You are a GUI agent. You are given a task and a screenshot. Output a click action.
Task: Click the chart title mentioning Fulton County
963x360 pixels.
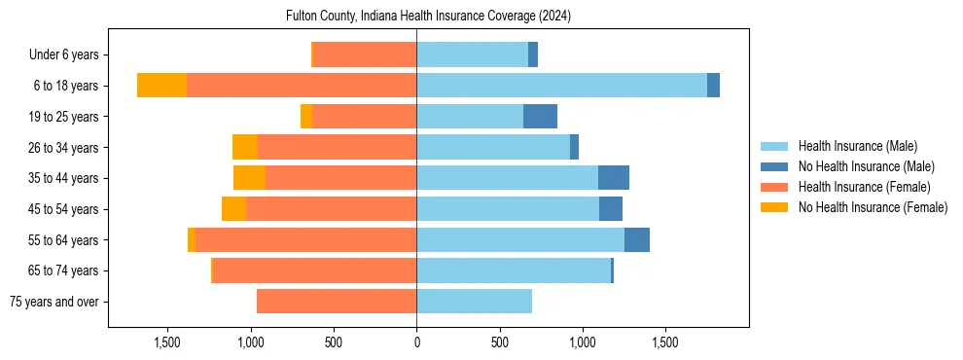pos(428,17)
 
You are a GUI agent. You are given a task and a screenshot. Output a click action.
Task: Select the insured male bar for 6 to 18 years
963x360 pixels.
pos(561,86)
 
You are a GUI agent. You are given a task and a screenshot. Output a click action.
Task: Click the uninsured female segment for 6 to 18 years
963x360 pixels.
pos(161,86)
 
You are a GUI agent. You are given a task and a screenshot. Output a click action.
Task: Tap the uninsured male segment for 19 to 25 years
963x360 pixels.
pos(540,117)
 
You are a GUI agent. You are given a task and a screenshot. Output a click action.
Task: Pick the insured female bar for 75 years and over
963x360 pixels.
pos(337,302)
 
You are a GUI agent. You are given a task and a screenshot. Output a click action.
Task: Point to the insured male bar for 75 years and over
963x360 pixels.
pos(474,302)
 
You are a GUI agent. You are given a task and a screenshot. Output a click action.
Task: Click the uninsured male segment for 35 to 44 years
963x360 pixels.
pos(613,178)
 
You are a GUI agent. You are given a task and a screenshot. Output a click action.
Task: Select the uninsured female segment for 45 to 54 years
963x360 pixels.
pos(233,209)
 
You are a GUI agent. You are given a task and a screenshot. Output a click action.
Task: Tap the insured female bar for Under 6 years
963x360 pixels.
pos(365,54)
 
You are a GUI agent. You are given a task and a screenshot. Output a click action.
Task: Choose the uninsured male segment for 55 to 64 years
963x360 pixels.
pos(636,240)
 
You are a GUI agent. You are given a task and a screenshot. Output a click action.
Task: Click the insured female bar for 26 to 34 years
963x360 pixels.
pos(337,147)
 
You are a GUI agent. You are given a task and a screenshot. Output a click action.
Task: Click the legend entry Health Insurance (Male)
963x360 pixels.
pos(857,146)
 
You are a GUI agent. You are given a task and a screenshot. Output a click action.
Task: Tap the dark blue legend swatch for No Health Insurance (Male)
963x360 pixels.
pos(774,166)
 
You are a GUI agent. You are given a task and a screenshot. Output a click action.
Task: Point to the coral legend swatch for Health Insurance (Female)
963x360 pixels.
pos(774,187)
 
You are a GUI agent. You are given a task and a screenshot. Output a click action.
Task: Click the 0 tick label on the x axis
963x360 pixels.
pos(416,343)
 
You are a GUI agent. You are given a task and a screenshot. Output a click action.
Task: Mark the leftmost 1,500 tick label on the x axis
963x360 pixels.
pos(167,343)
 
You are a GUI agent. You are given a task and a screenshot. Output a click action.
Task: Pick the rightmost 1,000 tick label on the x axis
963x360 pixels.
pos(582,343)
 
